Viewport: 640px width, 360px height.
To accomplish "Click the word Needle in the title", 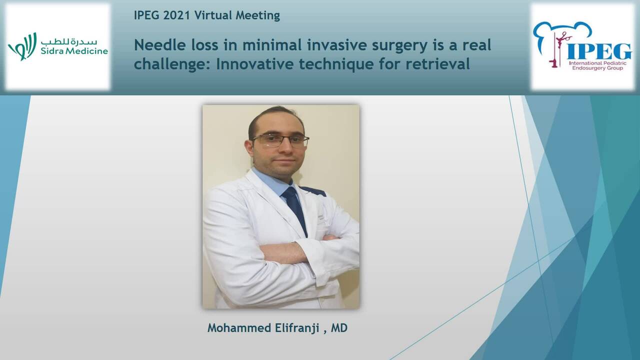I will coord(153,45).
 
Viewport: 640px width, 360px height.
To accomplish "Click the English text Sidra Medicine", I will coord(74,51).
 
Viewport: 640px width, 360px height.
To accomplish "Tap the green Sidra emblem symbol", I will coord(22,46).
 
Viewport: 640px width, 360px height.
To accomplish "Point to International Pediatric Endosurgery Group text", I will coord(599,66).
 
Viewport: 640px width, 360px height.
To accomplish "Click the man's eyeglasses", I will coord(280,140).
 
